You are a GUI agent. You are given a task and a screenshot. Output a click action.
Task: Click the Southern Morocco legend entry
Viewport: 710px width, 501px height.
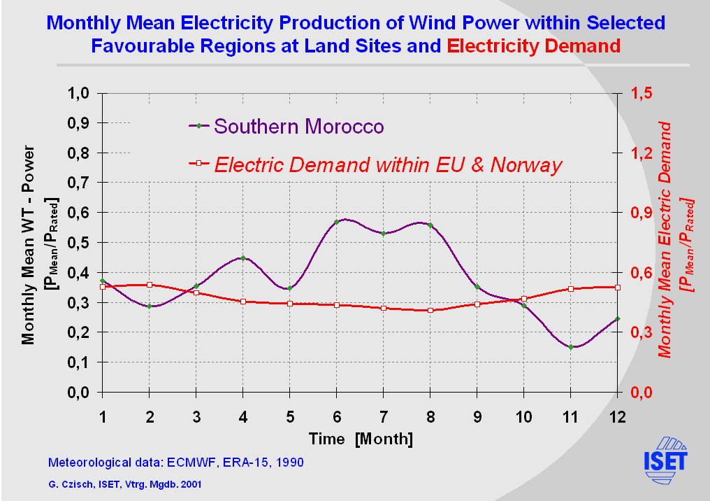point(299,127)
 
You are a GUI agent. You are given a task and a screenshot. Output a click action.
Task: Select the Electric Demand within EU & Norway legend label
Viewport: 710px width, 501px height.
point(388,165)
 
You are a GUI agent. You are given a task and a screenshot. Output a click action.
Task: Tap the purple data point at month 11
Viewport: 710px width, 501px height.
point(571,347)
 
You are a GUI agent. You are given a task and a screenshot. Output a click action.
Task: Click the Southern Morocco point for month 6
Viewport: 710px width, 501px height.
point(337,222)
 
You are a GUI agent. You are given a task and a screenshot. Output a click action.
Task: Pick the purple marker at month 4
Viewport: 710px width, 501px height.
point(243,258)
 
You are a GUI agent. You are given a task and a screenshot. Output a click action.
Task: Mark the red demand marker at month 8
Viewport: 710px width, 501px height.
point(430,310)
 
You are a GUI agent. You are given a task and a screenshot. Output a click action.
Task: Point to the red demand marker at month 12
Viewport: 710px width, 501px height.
point(618,287)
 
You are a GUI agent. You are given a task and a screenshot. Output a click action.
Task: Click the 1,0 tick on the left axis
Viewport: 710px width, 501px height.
point(78,93)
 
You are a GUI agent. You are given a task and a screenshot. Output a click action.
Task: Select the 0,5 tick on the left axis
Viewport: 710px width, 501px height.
point(78,243)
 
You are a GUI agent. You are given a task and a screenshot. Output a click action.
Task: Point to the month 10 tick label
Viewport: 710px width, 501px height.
point(524,416)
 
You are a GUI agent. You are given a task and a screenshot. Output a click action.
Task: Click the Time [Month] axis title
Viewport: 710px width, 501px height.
point(361,439)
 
